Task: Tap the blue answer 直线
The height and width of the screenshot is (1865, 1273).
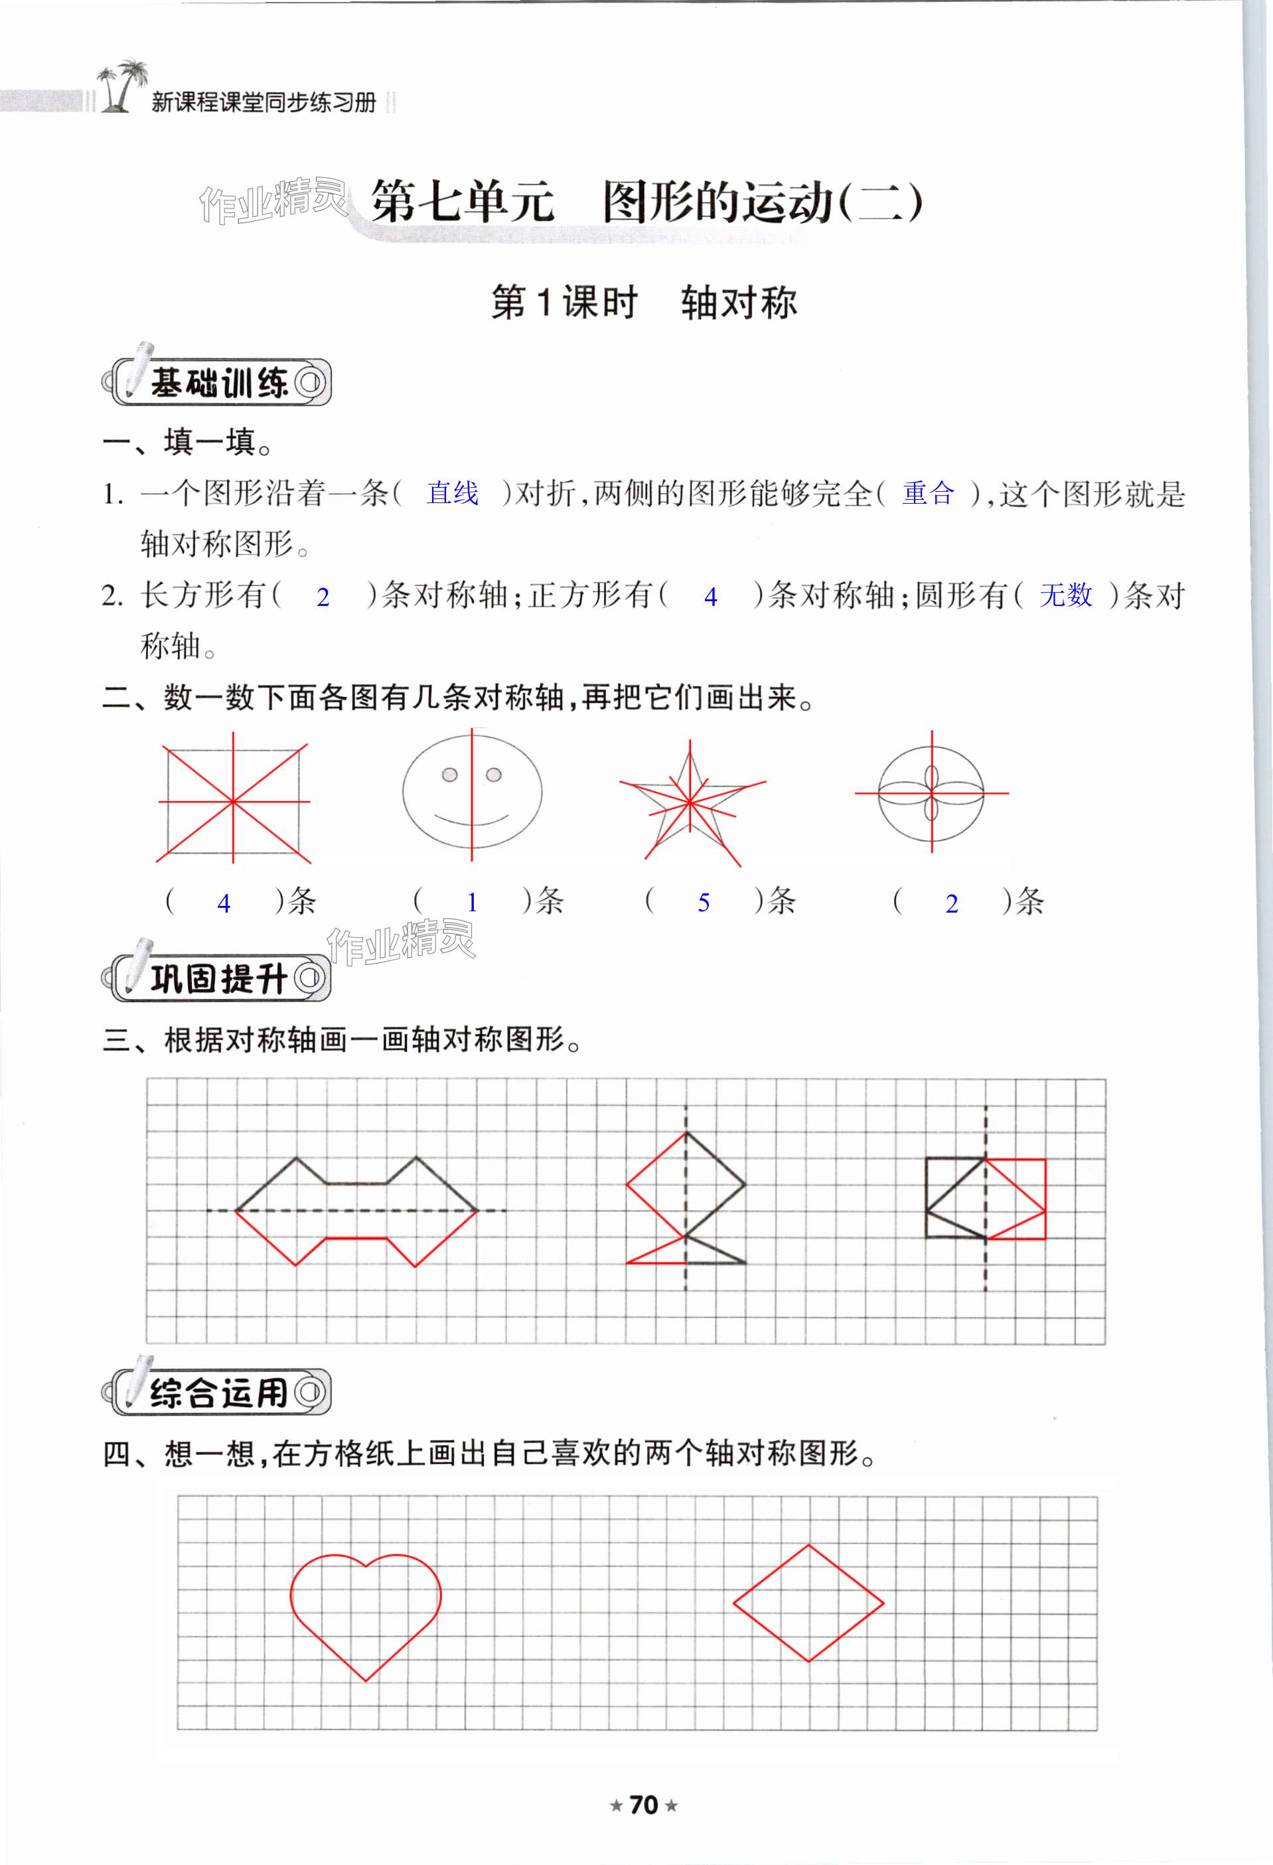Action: (453, 494)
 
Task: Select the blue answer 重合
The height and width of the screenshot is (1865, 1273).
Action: (928, 494)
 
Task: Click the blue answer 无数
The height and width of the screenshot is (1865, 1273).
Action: (1065, 595)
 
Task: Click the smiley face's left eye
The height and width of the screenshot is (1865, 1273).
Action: (450, 775)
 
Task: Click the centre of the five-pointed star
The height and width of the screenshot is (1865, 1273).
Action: (690, 801)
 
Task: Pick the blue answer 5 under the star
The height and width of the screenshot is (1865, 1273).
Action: (703, 903)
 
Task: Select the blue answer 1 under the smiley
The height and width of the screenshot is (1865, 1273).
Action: (472, 903)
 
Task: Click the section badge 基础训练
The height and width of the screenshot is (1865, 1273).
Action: (218, 384)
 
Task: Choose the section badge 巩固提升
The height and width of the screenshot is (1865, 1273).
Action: (218, 978)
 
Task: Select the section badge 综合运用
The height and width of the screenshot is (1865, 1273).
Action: (218, 1392)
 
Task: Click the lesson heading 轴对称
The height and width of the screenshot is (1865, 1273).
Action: (739, 303)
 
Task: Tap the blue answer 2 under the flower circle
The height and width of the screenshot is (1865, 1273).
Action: (951, 903)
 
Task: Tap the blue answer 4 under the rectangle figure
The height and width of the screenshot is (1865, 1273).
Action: (224, 903)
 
